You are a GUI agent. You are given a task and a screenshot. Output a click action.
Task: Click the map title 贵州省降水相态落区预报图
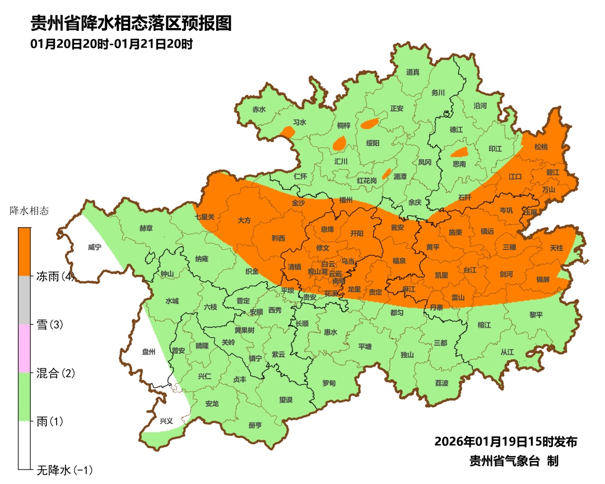pos(131,24)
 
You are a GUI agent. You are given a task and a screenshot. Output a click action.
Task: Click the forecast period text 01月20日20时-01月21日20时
pos(111,44)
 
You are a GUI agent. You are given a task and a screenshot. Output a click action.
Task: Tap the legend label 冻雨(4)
pos(55,276)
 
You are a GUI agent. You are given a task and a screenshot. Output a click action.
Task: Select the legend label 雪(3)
pos(49,325)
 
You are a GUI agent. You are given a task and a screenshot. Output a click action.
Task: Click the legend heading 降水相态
pos(30,211)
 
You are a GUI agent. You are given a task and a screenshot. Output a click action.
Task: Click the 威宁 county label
pos(95,247)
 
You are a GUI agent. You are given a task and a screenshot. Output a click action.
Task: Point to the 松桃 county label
pos(541,147)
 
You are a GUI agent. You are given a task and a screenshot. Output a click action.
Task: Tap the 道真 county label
pos(413,72)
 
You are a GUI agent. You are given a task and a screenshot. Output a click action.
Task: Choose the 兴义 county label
pos(166,421)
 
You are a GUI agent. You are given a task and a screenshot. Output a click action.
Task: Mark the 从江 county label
pos(507,352)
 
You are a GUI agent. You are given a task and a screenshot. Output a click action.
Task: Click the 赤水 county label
pos(258,110)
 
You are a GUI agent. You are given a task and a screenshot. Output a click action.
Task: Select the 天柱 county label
pos(556,248)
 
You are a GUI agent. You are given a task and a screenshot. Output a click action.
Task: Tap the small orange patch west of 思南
pos(459,152)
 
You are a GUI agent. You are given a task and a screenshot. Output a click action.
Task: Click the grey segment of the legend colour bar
pos(24,300)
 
